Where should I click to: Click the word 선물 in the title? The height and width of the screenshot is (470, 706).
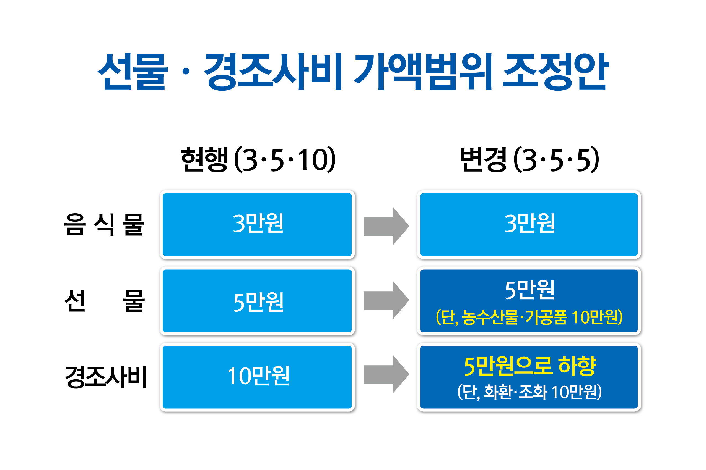point(133,71)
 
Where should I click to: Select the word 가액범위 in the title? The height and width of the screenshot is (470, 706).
point(422,71)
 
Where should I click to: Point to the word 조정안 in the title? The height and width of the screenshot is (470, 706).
point(556,71)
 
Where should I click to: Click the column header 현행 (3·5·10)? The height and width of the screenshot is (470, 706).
point(258,159)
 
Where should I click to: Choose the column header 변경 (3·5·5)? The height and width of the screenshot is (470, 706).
point(529,159)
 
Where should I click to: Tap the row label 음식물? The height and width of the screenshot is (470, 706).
point(104,225)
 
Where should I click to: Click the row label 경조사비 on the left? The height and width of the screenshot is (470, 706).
point(106,377)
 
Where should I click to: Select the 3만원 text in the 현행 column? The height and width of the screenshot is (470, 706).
point(258,223)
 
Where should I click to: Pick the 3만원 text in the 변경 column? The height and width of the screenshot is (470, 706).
point(529,223)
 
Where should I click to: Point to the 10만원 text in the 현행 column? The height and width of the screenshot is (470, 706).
point(258,376)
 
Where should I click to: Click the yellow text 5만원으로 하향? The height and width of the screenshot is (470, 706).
point(530,366)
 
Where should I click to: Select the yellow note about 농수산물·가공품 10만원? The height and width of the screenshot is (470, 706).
point(529,317)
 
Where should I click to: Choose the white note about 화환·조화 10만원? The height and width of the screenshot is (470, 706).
point(529,392)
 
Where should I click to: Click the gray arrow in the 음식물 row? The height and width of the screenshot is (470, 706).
point(386,226)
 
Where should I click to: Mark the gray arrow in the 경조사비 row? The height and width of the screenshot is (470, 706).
point(386,374)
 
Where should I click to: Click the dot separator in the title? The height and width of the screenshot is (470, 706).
point(186,71)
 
